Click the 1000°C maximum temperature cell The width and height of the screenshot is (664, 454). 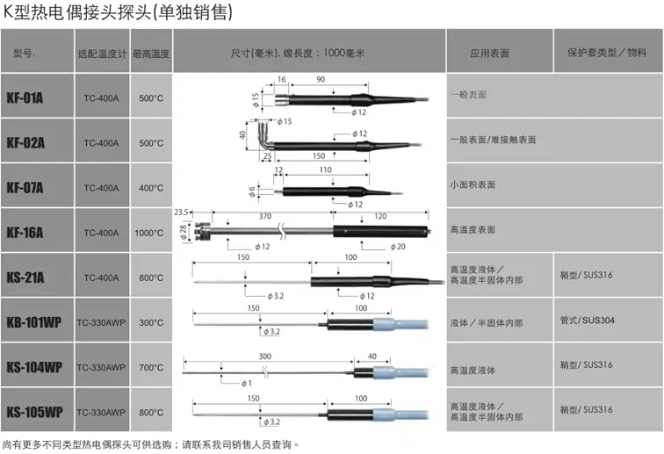tap(151, 233)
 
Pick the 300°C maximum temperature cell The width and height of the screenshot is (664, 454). tap(151, 322)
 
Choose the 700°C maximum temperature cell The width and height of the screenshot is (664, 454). tap(151, 367)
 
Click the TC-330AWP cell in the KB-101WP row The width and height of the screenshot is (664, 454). tap(101, 322)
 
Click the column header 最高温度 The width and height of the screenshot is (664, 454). tap(151, 53)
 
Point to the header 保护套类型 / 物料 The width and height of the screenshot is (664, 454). tap(607, 53)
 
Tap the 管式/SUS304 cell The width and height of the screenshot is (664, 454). tap(586, 321)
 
